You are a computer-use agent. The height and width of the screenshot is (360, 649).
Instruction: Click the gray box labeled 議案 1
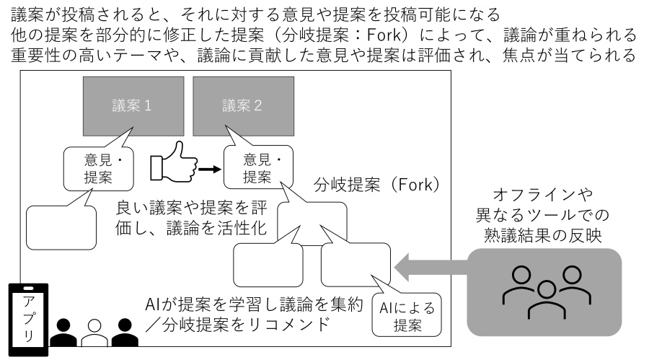[x=133, y=106]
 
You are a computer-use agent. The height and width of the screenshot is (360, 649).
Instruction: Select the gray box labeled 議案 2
[x=244, y=106]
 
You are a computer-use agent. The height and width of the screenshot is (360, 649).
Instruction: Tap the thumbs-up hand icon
[x=173, y=162]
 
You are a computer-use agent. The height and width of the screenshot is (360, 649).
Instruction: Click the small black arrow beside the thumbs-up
[x=210, y=169]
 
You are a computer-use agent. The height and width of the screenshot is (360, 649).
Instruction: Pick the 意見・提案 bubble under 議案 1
[x=99, y=169]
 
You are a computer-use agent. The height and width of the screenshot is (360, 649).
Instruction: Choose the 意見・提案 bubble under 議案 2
[x=258, y=167]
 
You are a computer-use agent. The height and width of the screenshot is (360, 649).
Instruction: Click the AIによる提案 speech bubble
[x=407, y=315]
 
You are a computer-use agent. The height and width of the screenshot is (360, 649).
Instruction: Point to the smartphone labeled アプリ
[x=29, y=320]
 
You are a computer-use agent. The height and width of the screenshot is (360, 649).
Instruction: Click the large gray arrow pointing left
[x=431, y=267]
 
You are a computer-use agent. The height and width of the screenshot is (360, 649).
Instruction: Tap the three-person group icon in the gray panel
[x=547, y=292]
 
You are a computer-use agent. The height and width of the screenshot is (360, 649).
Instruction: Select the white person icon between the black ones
[x=94, y=333]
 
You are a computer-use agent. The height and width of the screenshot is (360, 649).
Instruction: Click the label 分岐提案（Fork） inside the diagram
[x=376, y=185]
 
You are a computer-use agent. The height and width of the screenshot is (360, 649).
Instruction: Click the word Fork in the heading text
[x=384, y=35]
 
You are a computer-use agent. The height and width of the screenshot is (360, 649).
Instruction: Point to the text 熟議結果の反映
[x=543, y=235]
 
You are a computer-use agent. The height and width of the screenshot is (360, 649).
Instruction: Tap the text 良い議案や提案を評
[x=192, y=208]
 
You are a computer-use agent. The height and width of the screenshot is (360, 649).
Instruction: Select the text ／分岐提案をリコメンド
[x=237, y=325]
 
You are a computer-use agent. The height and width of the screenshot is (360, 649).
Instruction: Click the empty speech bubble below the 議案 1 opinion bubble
[x=61, y=227]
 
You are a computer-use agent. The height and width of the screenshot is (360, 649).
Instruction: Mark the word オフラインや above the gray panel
[x=543, y=194]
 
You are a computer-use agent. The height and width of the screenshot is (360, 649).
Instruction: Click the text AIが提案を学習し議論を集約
[x=254, y=304]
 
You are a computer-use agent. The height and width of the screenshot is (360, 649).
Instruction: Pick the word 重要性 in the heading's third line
[x=36, y=56]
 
